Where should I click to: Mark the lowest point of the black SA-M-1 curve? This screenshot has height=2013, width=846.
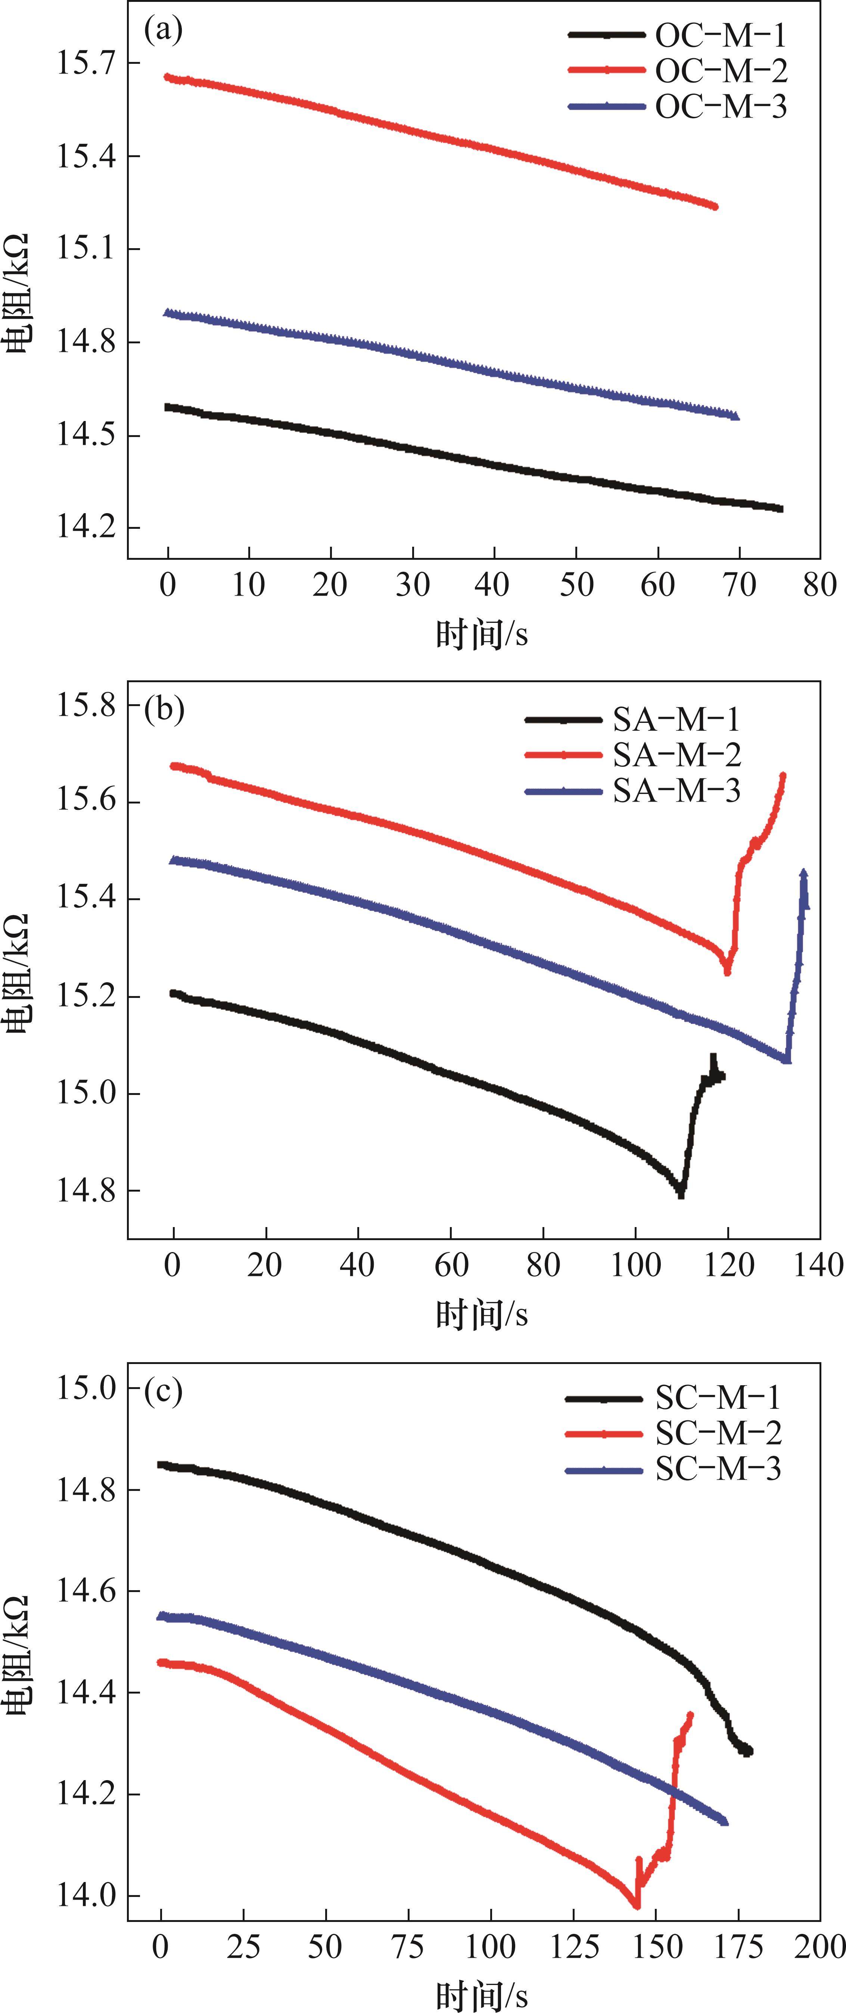tap(681, 1193)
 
